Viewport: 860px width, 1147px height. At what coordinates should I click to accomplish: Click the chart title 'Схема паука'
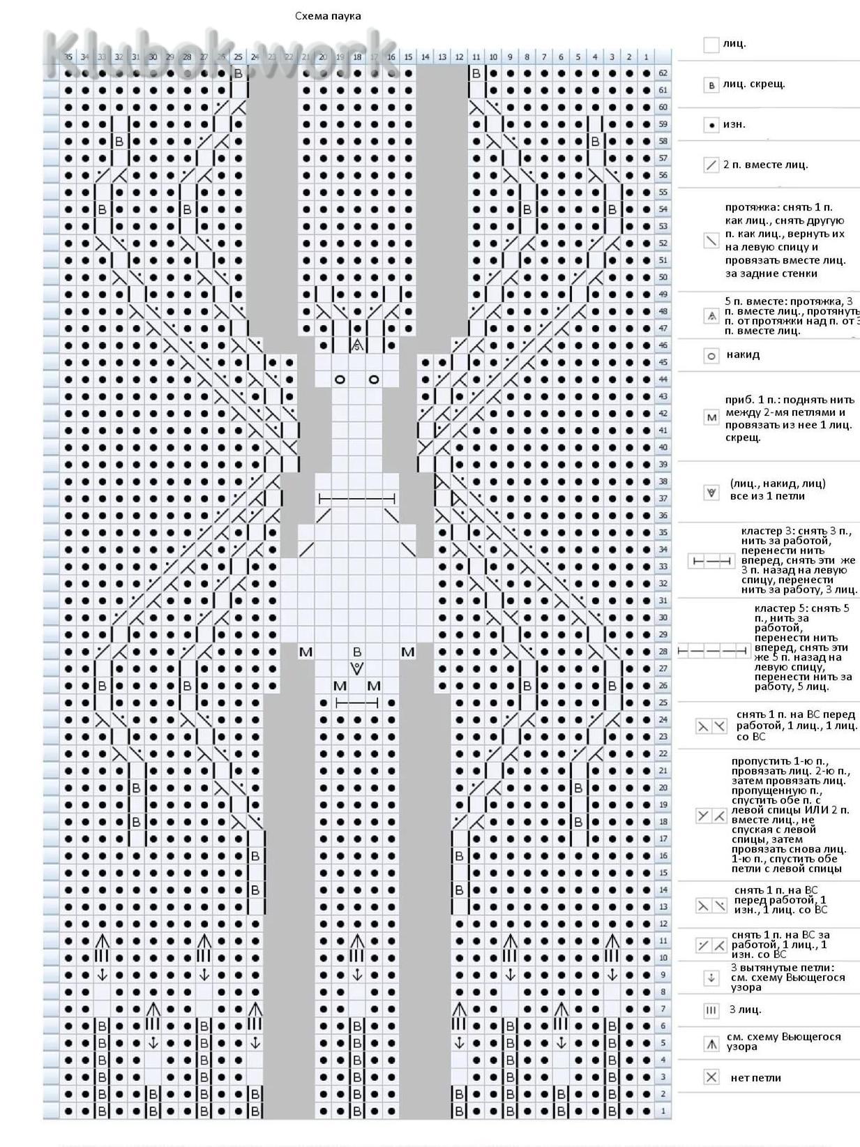328,16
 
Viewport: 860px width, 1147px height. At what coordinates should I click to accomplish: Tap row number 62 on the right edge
663,73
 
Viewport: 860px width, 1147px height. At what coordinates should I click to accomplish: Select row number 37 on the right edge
663,499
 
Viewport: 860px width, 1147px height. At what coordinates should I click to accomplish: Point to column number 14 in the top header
425,57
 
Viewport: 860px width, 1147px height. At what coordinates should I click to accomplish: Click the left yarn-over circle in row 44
340,380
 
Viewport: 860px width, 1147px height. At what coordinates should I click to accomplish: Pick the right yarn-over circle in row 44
374,380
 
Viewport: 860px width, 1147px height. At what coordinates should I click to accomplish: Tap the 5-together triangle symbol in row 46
357,345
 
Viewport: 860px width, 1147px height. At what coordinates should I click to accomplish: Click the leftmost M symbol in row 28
305,652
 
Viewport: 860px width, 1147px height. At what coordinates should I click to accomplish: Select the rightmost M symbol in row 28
408,652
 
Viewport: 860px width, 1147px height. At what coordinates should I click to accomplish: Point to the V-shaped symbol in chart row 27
357,668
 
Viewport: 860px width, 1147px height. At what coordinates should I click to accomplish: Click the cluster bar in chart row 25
357,703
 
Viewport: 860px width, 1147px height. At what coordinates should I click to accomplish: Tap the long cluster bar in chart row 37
357,499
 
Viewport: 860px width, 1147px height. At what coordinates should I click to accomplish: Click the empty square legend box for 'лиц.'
711,45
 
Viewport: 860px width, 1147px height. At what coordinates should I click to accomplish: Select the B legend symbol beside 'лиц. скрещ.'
711,85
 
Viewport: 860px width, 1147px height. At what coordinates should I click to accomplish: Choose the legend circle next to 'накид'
711,356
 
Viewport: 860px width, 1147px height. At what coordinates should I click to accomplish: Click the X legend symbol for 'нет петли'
711,1077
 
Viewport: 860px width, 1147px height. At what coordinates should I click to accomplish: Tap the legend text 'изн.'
734,124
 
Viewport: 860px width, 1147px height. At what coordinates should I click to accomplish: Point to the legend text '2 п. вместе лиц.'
765,165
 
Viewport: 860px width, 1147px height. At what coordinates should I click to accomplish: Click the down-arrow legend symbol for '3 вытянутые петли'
711,977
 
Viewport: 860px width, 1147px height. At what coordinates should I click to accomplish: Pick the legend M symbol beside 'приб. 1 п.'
711,418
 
